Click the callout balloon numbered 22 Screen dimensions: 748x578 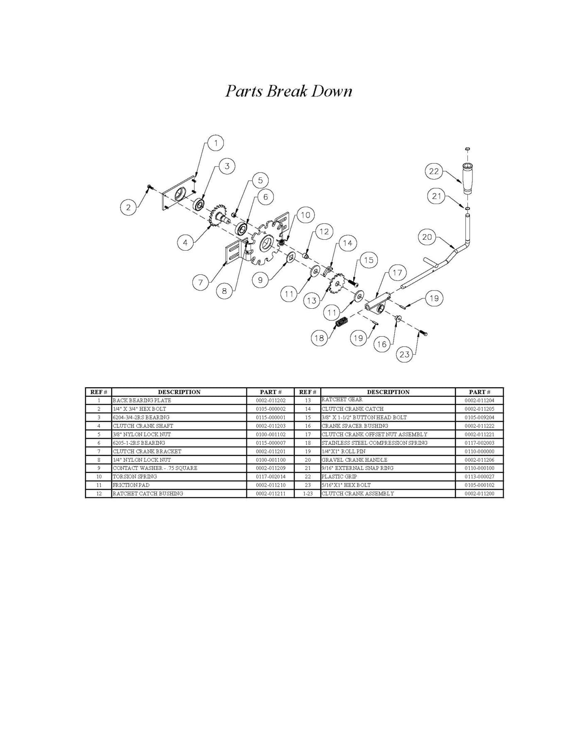[434, 171]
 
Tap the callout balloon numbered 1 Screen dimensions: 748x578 [216, 143]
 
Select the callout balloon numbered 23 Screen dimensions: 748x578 [404, 354]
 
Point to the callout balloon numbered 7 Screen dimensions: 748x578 [200, 283]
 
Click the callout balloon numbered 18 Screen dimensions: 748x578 [319, 338]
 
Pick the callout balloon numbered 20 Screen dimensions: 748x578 [427, 237]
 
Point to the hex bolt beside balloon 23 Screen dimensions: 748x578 [423, 333]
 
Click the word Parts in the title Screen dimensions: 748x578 [244, 91]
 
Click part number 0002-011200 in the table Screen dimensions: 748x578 [479, 494]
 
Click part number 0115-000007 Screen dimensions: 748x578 [271, 443]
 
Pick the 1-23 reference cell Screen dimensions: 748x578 [307, 494]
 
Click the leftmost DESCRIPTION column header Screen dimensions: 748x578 [179, 392]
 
